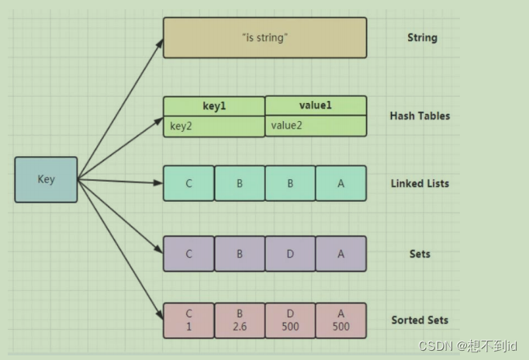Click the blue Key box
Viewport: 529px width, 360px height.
point(46,179)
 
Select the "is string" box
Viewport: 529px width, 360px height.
point(264,37)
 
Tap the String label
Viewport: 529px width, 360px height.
point(423,38)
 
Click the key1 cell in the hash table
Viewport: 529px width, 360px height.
point(214,106)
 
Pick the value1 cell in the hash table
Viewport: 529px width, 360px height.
point(316,106)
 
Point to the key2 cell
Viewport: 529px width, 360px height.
point(214,126)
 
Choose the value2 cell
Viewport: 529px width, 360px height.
point(316,126)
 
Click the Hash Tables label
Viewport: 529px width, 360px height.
point(420,116)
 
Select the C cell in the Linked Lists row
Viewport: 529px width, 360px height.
point(188,184)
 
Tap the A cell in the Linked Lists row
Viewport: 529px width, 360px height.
point(341,184)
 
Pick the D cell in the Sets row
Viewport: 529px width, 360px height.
point(290,254)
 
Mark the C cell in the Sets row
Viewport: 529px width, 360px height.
point(188,254)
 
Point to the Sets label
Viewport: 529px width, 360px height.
point(420,254)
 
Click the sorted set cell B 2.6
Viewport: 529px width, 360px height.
point(239,320)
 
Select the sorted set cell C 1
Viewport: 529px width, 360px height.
point(188,320)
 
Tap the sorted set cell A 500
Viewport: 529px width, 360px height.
point(341,320)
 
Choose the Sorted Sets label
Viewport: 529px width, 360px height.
point(420,320)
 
